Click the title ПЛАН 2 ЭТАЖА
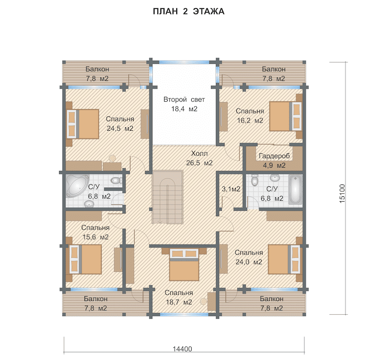(188, 11)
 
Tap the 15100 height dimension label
(342, 194)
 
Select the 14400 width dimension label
(182, 349)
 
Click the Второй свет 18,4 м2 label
(184, 104)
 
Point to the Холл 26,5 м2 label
(199, 158)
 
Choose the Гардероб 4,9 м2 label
(274, 161)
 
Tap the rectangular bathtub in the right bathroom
(296, 189)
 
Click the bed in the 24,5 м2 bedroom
(83, 124)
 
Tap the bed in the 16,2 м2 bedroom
(286, 116)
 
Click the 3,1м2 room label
(231, 189)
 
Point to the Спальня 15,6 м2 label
(95, 232)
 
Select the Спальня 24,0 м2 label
(249, 257)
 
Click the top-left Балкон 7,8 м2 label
(97, 74)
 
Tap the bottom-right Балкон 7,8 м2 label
(272, 303)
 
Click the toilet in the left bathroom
(115, 180)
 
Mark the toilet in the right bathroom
(254, 180)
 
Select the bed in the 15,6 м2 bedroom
(85, 259)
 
